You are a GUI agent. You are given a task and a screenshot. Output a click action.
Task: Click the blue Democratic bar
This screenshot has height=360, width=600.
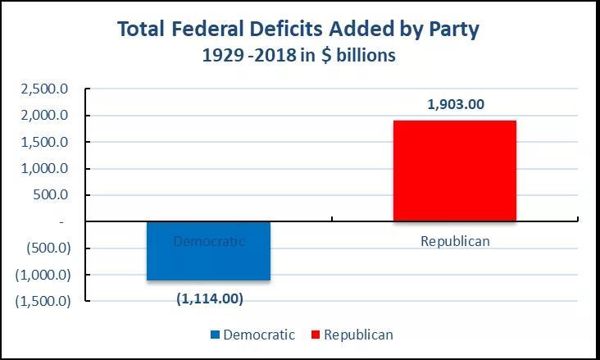point(208,261)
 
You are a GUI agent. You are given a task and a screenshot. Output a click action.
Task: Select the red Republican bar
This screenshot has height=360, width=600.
point(454,171)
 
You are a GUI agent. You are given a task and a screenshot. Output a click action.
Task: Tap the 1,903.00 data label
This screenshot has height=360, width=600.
point(455,104)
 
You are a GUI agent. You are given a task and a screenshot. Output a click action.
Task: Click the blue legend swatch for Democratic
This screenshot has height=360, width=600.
point(216,335)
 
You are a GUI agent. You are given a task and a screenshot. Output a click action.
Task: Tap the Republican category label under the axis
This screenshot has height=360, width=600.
point(454,241)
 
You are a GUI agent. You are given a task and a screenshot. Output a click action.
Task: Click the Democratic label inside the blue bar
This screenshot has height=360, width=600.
point(209,241)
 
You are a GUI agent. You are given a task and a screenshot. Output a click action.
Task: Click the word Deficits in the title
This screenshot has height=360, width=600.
point(284,30)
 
